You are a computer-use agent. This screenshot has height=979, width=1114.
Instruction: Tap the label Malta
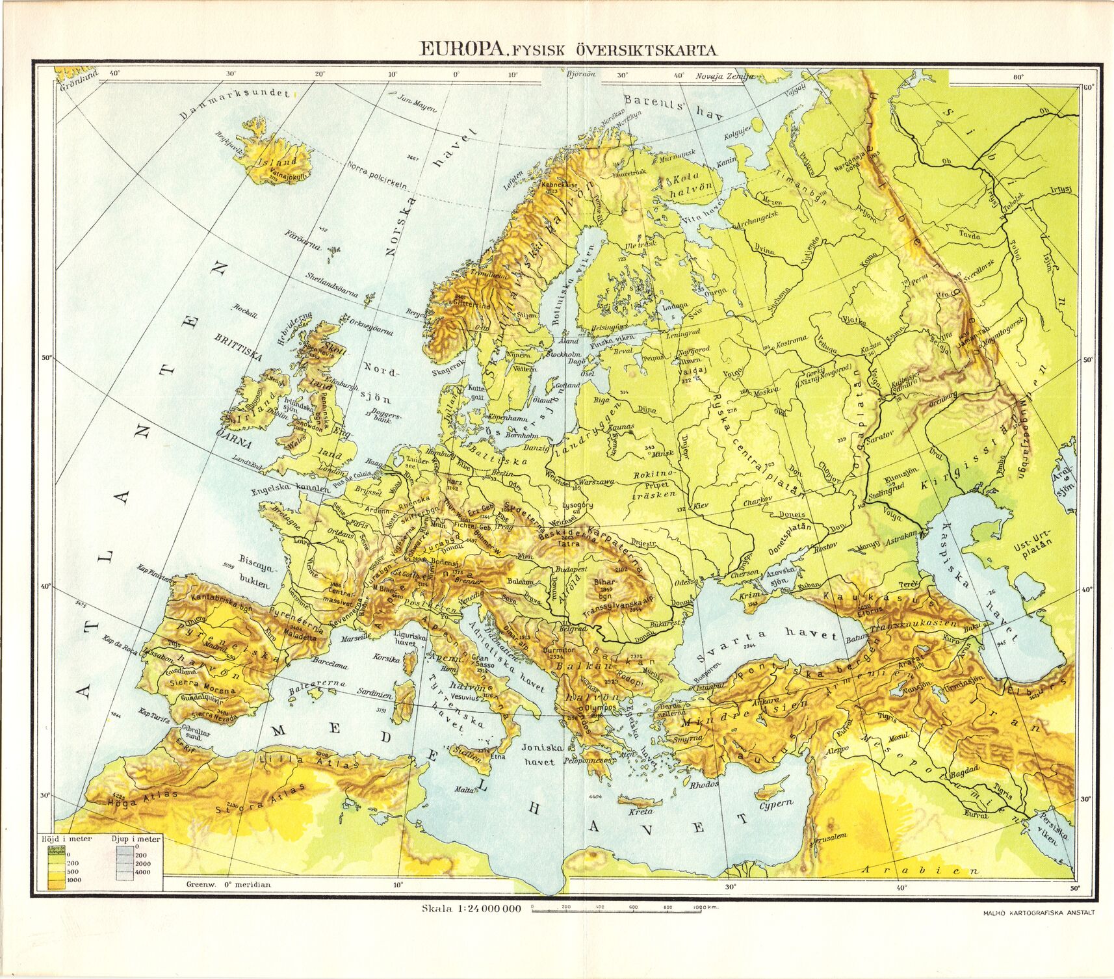coord(463,789)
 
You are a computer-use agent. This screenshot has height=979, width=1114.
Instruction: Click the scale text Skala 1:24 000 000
coord(472,908)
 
